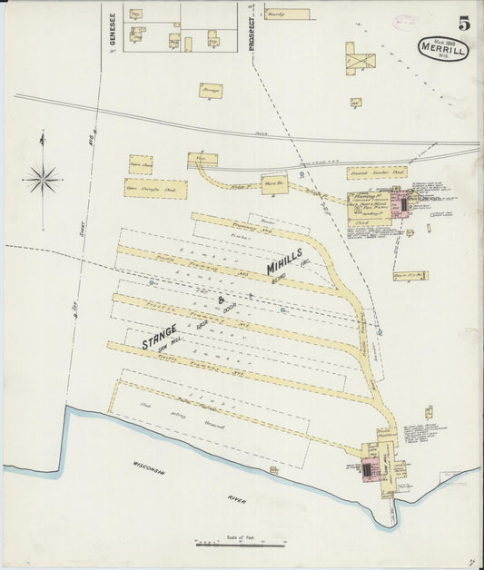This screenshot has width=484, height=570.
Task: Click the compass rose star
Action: [x=43, y=179]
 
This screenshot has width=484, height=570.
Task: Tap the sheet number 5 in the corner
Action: [x=463, y=24]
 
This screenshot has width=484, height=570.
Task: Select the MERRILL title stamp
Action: [x=443, y=49]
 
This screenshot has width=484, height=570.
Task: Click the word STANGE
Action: [x=159, y=337]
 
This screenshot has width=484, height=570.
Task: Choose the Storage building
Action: [x=211, y=90]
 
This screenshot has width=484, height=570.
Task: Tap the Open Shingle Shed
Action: [x=155, y=189]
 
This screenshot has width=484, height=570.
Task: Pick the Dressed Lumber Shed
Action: [x=376, y=172]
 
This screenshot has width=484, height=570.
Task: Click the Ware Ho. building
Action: [x=273, y=182]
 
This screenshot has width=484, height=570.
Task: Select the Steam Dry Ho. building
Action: [x=410, y=275]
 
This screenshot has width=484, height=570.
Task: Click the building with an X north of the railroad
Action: [x=360, y=62]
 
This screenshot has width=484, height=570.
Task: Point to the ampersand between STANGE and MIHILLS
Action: [x=221, y=300]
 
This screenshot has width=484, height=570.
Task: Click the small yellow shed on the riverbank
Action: [x=272, y=469]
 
